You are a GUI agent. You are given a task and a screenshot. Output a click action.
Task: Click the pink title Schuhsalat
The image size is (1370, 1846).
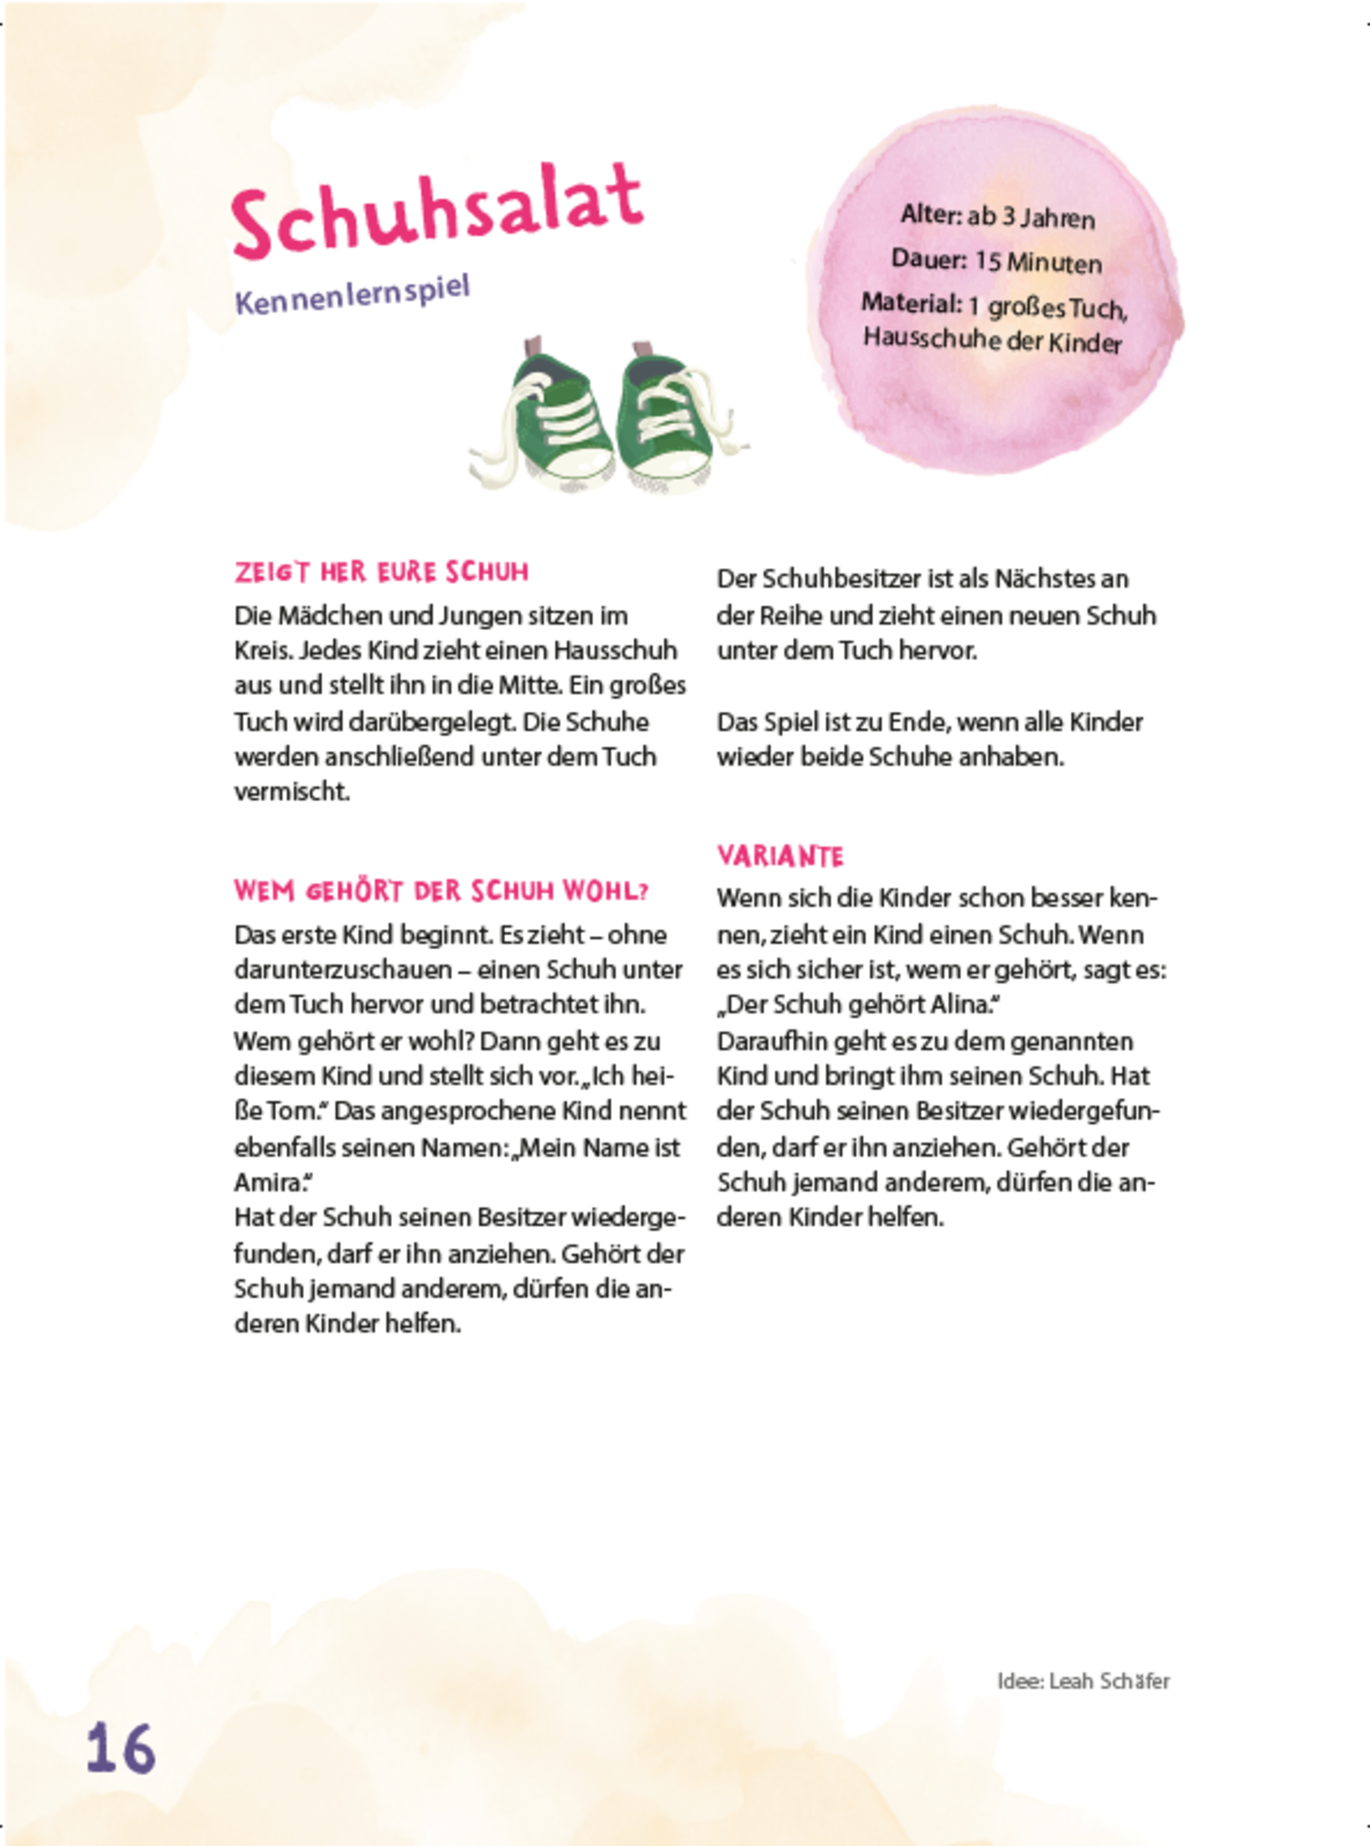(x=437, y=212)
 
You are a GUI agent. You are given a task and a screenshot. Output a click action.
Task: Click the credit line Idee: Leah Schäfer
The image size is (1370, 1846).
(x=1082, y=1681)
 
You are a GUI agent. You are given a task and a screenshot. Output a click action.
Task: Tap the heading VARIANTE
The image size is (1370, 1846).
(x=780, y=856)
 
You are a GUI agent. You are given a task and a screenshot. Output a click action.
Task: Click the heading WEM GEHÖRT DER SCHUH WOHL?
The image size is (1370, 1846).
(x=441, y=891)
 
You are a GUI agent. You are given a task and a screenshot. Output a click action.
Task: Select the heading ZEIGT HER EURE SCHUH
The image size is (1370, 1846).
(x=381, y=572)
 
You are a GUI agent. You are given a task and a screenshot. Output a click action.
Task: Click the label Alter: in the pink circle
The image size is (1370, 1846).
(x=931, y=215)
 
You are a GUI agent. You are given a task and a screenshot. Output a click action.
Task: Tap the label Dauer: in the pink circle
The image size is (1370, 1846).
(x=928, y=258)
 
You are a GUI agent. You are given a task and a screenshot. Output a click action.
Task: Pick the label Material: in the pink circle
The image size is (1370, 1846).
(x=911, y=302)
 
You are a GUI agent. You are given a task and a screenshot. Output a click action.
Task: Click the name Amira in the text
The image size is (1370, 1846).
(x=268, y=1182)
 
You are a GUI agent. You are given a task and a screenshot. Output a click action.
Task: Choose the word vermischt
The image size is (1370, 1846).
(x=291, y=792)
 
